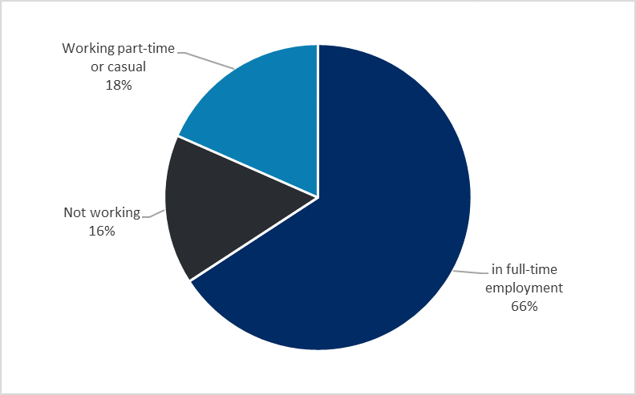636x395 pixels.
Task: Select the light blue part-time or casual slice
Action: pos(257,120)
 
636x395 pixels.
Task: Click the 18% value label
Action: pos(119,83)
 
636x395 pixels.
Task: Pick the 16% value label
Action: pos(102,231)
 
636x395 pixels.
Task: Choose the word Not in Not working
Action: pos(75,213)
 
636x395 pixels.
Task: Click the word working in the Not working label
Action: pos(114,213)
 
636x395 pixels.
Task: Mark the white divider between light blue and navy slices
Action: pos(318,120)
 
